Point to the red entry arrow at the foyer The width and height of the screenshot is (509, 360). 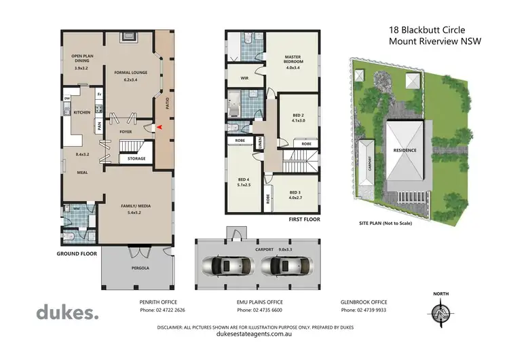tap(160, 127)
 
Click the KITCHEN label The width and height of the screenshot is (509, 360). tap(82, 113)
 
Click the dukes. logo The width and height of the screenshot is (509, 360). tap(67, 313)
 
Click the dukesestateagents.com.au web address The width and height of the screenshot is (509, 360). tap(254, 334)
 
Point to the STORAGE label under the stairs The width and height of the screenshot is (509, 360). tap(136, 158)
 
